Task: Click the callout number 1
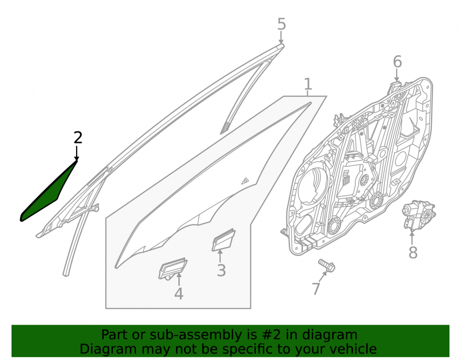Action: click(x=307, y=84)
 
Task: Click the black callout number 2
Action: click(x=77, y=137)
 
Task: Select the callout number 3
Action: click(x=221, y=271)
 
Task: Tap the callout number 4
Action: click(x=179, y=294)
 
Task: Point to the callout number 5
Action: click(x=281, y=24)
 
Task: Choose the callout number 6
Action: click(x=397, y=62)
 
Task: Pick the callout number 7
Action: click(x=316, y=289)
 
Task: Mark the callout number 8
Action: click(x=413, y=253)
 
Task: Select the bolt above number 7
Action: click(x=326, y=265)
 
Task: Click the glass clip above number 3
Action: click(x=224, y=240)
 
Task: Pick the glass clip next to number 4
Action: click(x=172, y=269)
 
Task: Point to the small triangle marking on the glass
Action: click(x=245, y=181)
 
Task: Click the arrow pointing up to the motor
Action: click(x=412, y=237)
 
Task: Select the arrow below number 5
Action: click(x=281, y=38)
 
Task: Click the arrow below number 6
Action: click(x=397, y=75)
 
